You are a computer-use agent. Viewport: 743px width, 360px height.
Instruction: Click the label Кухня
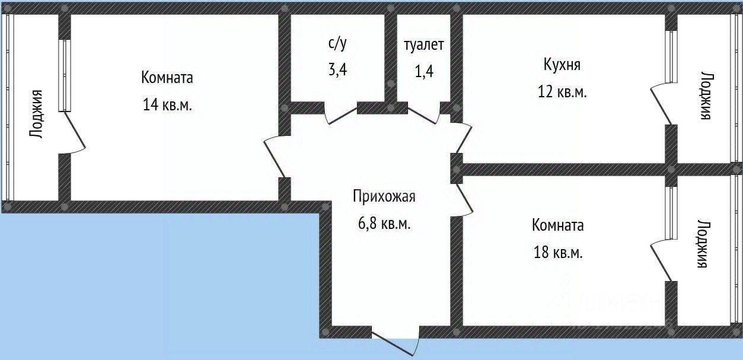coord(562,65)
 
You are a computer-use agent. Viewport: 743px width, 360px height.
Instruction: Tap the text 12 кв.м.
coord(562,93)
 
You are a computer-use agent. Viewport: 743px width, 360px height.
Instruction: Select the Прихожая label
coord(384,196)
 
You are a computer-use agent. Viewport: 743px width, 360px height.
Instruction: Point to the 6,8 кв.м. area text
coord(384,224)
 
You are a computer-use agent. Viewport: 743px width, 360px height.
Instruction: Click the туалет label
coord(423,45)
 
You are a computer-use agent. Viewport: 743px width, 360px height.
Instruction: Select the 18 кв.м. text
coord(557,253)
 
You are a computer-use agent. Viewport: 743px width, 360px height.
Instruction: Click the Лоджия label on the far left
coord(36,114)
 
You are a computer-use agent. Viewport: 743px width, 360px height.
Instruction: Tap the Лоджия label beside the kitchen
coord(705,96)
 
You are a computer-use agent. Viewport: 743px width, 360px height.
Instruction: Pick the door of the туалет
coord(424,114)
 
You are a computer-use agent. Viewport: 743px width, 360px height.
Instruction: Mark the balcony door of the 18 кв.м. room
coord(662,261)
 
